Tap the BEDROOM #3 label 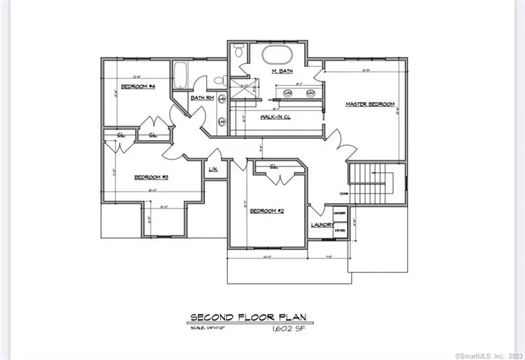[152, 177]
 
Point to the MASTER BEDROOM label [370, 104]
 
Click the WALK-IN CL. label [275, 117]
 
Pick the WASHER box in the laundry [340, 213]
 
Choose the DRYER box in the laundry [340, 230]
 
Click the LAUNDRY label [322, 225]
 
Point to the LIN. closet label [213, 170]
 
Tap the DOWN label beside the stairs [344, 193]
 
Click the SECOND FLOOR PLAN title [248, 317]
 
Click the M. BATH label [282, 71]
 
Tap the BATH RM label [200, 97]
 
